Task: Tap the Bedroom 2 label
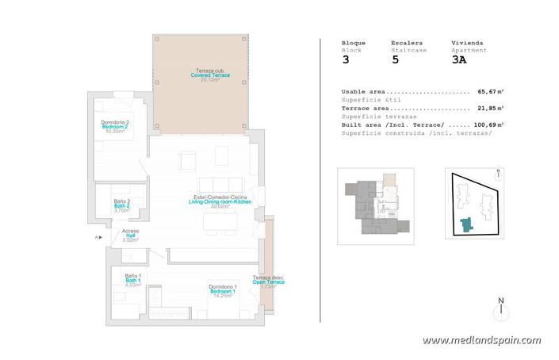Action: [x=116, y=126]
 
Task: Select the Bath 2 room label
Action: [x=121, y=205]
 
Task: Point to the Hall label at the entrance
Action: [x=131, y=236]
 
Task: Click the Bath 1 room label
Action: [x=132, y=280]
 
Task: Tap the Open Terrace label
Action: [x=268, y=281]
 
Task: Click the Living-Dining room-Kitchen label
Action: [x=220, y=202]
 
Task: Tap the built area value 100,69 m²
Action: [x=489, y=124]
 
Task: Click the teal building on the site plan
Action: [x=466, y=225]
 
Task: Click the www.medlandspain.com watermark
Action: [x=481, y=340]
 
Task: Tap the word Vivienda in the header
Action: [x=467, y=42]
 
